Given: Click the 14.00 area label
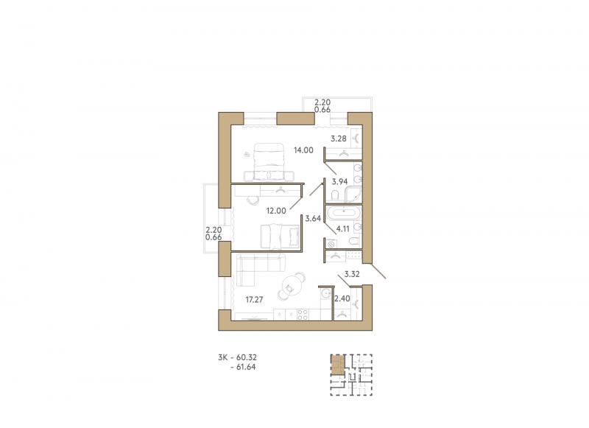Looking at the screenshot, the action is click(303, 150).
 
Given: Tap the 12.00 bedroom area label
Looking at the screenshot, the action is click(276, 211).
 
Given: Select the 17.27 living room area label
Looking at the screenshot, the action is click(254, 300).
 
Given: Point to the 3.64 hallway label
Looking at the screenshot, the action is click(313, 218).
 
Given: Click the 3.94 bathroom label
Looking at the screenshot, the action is click(339, 181).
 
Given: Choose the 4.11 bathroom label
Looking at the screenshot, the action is click(343, 228).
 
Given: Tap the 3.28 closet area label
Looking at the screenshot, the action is click(339, 138).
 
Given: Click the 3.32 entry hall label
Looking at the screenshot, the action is click(352, 274).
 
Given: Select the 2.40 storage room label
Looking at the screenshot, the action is click(342, 299).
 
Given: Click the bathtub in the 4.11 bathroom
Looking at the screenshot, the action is click(343, 213).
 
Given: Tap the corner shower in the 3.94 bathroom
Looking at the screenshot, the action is click(353, 194).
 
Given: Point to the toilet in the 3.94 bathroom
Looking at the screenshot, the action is click(336, 195).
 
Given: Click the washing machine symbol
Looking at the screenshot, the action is click(331, 245).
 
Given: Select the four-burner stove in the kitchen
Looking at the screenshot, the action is click(303, 315).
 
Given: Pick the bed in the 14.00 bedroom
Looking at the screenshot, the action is click(269, 162).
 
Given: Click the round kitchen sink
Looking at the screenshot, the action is click(326, 292).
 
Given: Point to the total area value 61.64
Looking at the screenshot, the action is click(246, 367).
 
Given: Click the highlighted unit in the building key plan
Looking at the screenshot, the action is click(337, 365).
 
